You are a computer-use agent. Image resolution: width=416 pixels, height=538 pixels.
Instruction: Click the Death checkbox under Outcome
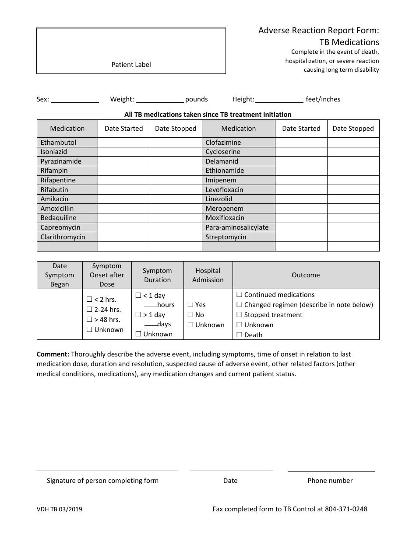[x=240, y=335]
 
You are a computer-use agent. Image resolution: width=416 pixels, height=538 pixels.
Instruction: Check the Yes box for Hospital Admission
[x=190, y=305]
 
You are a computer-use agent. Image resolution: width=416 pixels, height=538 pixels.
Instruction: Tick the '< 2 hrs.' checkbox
[x=89, y=300]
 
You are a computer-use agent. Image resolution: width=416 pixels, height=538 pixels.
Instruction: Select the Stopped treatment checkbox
[x=240, y=315]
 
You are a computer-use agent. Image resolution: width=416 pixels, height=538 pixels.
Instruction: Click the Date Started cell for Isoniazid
[x=123, y=152]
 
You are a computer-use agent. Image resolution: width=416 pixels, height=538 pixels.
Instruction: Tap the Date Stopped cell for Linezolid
[x=353, y=199]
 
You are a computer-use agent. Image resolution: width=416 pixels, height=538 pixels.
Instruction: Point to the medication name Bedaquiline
[x=58, y=218]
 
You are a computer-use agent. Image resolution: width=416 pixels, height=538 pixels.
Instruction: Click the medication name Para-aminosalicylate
[x=237, y=227]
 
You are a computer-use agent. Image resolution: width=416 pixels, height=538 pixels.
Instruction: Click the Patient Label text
[x=131, y=65]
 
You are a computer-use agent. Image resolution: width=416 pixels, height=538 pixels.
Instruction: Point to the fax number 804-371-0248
[x=346, y=509]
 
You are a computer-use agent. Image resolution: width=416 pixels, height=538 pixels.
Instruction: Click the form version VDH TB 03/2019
[x=60, y=509]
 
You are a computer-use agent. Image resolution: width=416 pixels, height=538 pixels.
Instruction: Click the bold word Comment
[x=53, y=354]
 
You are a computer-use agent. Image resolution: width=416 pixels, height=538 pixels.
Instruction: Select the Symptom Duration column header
[x=157, y=275]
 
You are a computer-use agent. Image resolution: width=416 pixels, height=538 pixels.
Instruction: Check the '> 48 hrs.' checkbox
[x=89, y=320]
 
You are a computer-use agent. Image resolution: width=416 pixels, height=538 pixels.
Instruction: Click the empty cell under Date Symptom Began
[x=60, y=314]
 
